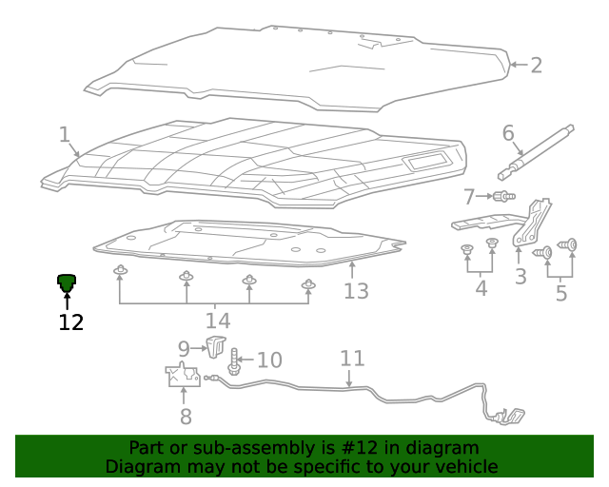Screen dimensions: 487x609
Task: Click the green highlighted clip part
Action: click(x=67, y=282)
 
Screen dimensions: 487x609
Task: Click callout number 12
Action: click(x=70, y=322)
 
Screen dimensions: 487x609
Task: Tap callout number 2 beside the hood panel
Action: click(x=536, y=65)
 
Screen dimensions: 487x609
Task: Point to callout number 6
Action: click(x=508, y=133)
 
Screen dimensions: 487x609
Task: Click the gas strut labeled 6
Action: click(x=538, y=152)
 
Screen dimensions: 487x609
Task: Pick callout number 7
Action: click(x=469, y=197)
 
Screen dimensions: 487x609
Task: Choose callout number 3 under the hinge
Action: click(x=521, y=277)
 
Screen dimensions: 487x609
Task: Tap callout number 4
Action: click(x=481, y=287)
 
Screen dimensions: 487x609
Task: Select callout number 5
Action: click(x=560, y=293)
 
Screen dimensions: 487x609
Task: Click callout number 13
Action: click(x=356, y=291)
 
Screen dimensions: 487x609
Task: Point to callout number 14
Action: click(x=217, y=321)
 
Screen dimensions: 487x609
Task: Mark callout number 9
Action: click(x=184, y=349)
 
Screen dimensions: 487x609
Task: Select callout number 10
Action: click(x=269, y=360)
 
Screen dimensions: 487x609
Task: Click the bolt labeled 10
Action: click(x=234, y=360)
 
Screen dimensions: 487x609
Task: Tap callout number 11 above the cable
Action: click(x=352, y=359)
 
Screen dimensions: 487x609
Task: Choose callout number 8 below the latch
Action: click(x=185, y=417)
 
